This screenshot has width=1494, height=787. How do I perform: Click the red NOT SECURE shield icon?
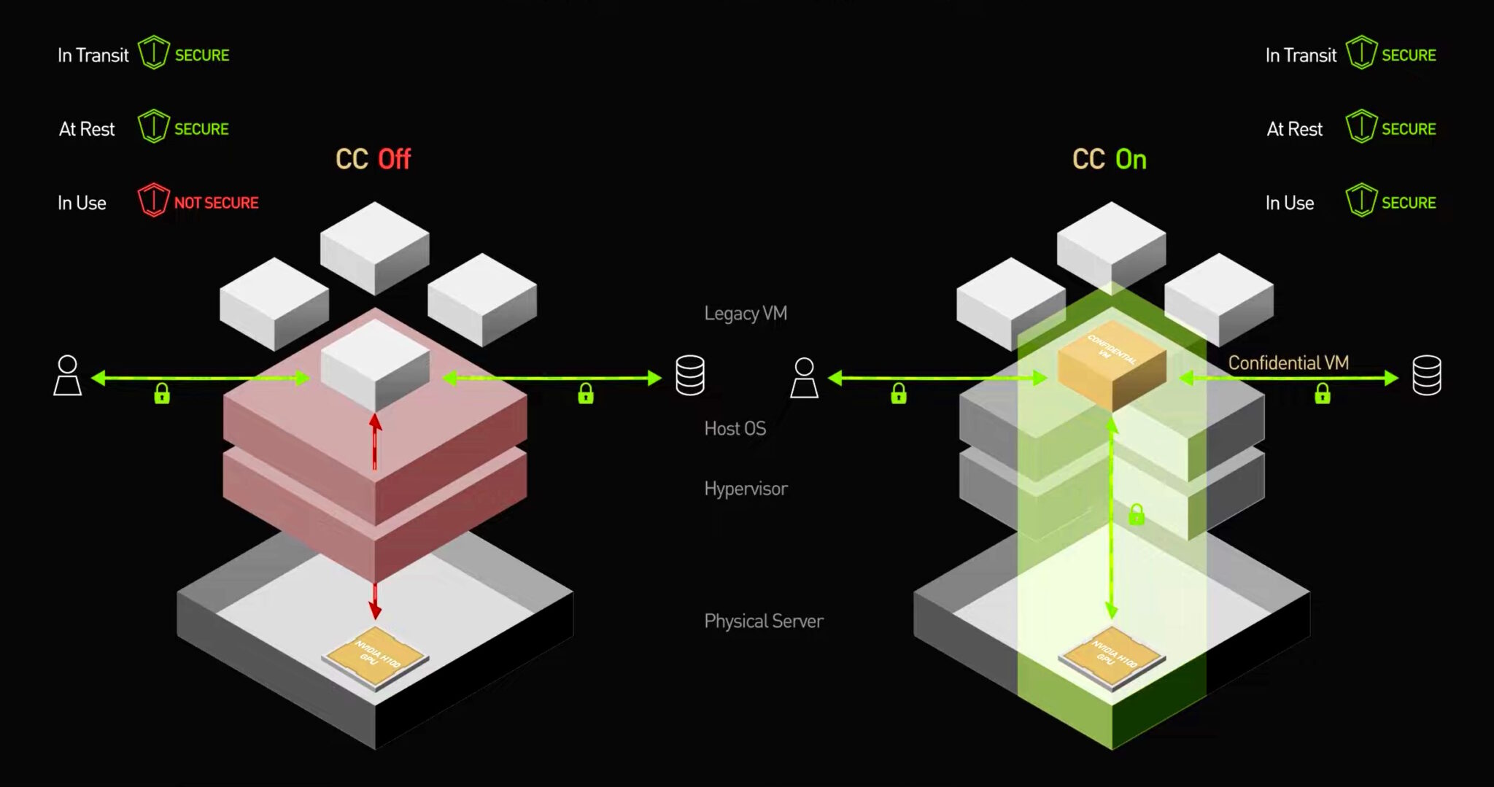[153, 201]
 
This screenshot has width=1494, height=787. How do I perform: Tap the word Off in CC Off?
[395, 159]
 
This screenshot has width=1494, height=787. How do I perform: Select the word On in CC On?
[1131, 160]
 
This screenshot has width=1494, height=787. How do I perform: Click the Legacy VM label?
[745, 314]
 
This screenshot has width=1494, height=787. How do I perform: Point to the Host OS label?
[735, 428]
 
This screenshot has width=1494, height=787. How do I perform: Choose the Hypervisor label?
[746, 489]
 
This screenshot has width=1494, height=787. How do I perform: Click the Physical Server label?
[763, 621]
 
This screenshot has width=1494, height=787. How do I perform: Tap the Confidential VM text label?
[1288, 363]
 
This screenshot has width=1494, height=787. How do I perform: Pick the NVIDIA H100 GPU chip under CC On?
[1112, 656]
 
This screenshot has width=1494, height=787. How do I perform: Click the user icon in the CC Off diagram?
[68, 376]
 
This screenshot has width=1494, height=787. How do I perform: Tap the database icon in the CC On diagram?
[1426, 376]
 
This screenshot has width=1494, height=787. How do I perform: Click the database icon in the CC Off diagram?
[689, 376]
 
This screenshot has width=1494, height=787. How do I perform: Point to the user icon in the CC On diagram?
[804, 378]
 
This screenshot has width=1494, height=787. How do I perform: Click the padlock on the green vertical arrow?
[1136, 515]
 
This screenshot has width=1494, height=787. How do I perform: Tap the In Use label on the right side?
[1289, 203]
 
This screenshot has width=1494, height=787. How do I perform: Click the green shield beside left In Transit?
[153, 53]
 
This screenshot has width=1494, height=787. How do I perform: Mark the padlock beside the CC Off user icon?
[162, 395]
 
